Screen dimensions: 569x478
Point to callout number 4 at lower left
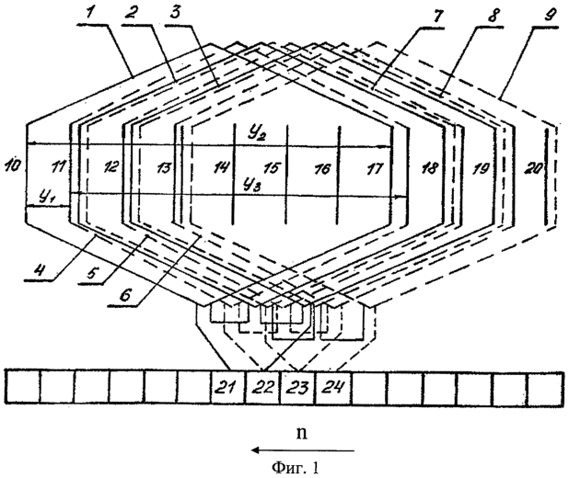pos(43,270)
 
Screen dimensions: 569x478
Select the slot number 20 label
pos(533,168)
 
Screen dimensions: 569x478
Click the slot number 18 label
pos(429,168)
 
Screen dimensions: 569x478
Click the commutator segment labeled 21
pos(228,387)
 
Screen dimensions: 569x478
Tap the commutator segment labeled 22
pos(263,387)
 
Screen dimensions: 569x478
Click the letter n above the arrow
pos(302,434)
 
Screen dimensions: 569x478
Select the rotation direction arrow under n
pos(303,450)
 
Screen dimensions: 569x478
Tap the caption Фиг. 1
pos(295,468)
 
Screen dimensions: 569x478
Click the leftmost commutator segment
pos(22,387)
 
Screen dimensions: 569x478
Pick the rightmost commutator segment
pos(546,387)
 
